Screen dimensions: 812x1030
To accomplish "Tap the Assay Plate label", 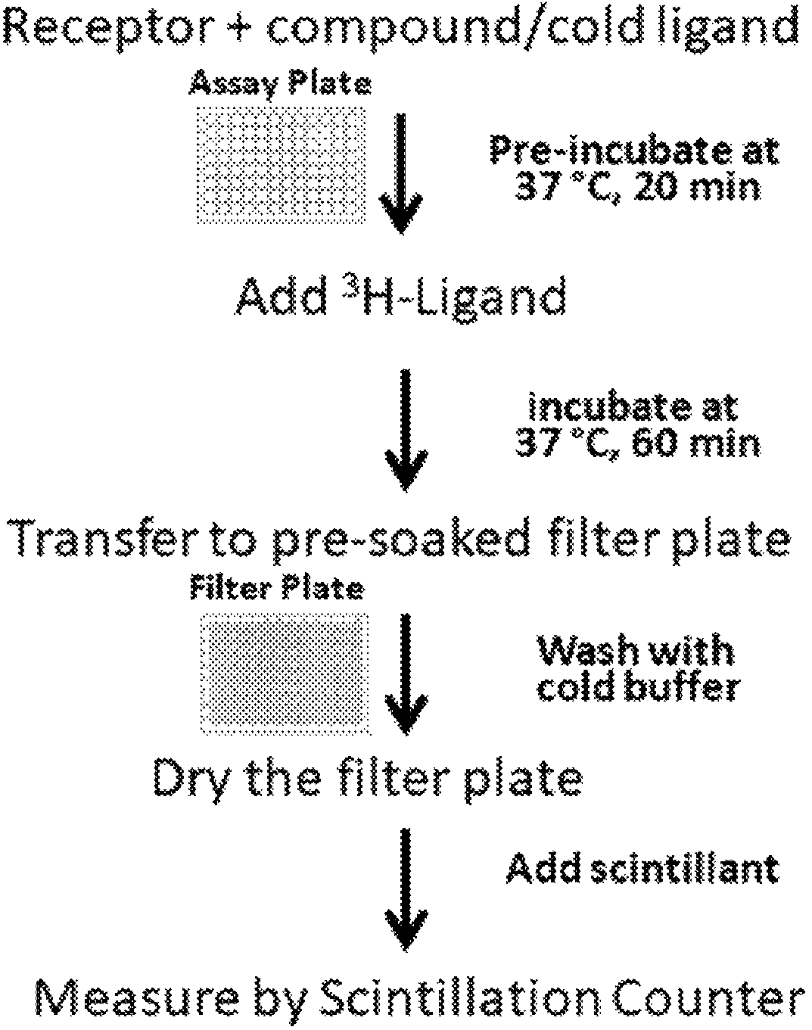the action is (x=280, y=85).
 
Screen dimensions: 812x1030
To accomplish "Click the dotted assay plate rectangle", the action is (x=282, y=165).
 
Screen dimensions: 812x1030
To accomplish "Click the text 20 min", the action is (x=696, y=187).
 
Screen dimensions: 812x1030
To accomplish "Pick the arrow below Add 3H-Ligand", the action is (x=406, y=430).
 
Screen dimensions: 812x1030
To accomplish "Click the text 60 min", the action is (x=697, y=445).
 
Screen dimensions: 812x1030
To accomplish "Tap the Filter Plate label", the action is (x=278, y=588).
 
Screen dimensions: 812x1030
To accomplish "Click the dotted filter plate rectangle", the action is (x=285, y=674).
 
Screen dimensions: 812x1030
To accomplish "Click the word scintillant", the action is (x=685, y=868).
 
